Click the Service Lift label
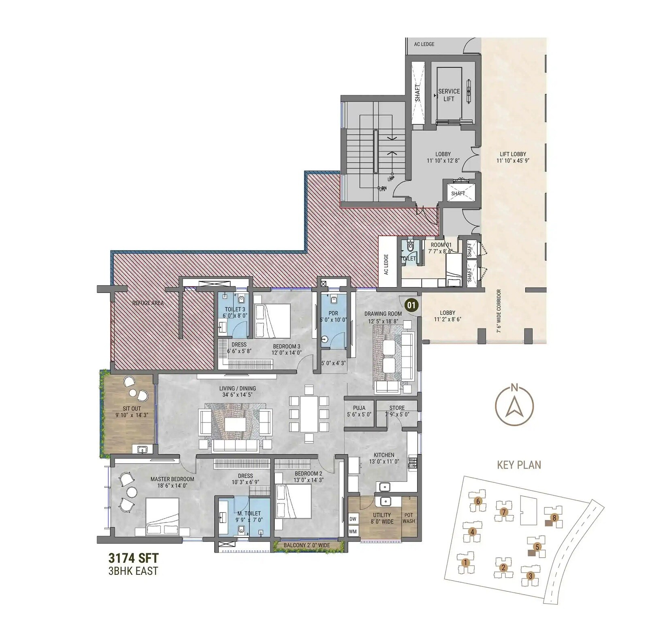[x=449, y=95]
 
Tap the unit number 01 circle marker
[x=411, y=305]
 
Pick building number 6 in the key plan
[x=478, y=501]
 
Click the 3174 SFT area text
[x=133, y=558]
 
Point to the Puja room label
[x=359, y=408]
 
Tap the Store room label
[x=397, y=408]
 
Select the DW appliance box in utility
[x=353, y=519]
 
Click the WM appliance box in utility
[x=353, y=531]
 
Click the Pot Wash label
[x=409, y=518]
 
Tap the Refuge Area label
[x=148, y=303]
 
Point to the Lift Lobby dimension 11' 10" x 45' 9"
[x=513, y=160]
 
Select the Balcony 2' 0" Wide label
[x=307, y=545]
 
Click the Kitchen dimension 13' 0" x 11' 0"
[x=384, y=461]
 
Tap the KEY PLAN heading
[x=519, y=465]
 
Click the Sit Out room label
[x=132, y=408]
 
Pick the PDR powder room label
[x=333, y=313]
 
